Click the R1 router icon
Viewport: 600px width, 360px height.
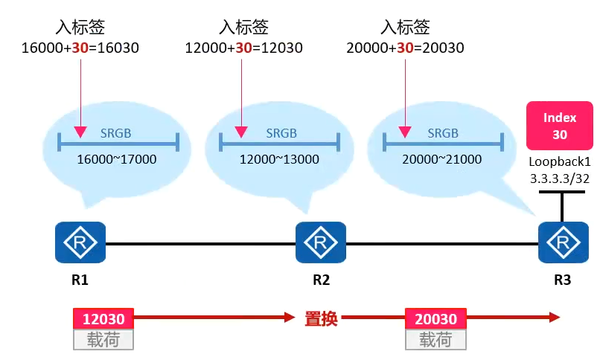80,242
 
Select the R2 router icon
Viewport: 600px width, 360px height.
321,242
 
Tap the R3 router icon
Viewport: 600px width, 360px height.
563,242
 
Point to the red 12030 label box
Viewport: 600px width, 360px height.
103,319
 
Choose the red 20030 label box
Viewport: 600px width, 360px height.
435,319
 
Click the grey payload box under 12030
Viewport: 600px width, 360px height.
103,340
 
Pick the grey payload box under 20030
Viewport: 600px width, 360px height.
435,340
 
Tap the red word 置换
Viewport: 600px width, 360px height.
321,319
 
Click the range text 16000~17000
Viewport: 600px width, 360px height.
117,159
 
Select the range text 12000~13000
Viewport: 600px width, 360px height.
279,159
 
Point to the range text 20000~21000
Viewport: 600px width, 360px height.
442,159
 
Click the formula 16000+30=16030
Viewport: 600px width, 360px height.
80,48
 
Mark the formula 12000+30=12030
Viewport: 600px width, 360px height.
243,48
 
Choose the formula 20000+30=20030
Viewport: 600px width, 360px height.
406,48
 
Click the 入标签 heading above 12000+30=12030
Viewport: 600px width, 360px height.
243,28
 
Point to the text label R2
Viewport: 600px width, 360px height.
321,281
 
